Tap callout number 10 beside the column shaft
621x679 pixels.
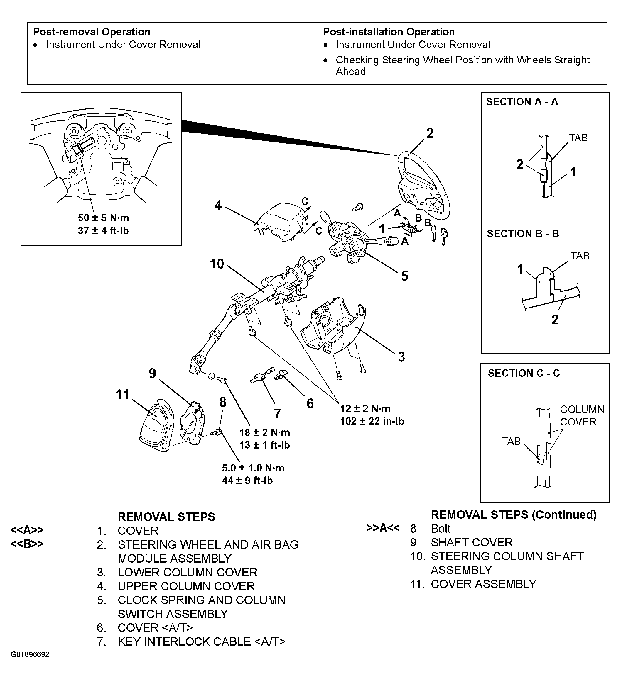(217, 264)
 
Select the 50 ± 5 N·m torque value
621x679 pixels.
(103, 218)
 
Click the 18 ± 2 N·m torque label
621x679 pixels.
(265, 432)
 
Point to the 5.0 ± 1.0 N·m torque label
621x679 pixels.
(253, 468)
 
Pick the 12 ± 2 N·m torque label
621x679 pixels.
(365, 409)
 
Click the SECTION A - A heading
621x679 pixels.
(522, 102)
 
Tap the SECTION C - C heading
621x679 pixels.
(524, 373)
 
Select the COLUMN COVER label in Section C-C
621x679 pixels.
(582, 416)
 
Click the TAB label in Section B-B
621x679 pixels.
(580, 256)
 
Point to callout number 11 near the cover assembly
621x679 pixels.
(122, 394)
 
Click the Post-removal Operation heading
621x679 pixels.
(92, 32)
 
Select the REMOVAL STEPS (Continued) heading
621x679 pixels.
(514, 515)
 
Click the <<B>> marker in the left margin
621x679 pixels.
(27, 544)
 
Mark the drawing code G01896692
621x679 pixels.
(30, 664)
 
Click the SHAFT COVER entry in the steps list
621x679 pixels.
(471, 543)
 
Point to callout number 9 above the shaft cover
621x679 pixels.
(152, 374)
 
